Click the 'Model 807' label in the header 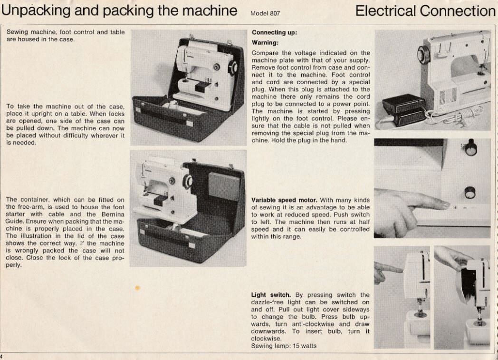coord(265,13)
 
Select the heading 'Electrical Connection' coord(425,11)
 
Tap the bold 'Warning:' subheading coord(265,43)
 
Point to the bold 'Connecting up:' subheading coord(274,33)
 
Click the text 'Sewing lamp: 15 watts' coord(284,346)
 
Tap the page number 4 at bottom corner coord(1,357)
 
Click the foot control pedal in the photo coord(403,108)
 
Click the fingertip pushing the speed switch coord(444,204)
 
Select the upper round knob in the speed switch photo coord(470,148)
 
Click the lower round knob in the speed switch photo coord(469,192)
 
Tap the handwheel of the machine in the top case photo coord(233,68)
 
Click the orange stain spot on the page coord(137,288)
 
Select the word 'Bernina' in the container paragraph coord(113,214)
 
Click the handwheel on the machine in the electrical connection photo coord(423,56)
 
